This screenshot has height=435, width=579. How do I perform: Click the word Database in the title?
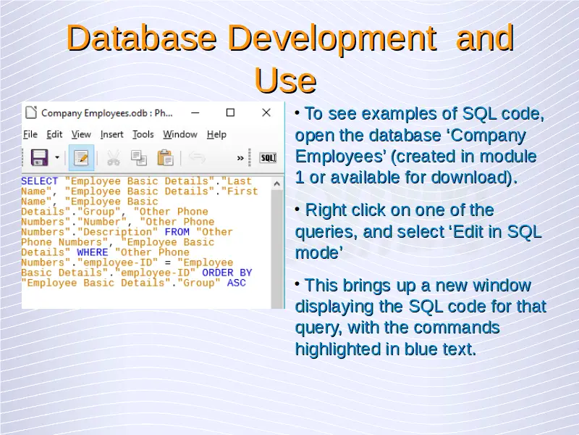point(142,38)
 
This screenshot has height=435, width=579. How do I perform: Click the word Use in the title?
point(285,80)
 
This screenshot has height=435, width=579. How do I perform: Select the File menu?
point(30,134)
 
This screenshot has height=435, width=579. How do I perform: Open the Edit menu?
point(54,134)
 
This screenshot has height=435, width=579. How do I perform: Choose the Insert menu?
point(112,134)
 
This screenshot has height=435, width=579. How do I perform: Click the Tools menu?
point(143,134)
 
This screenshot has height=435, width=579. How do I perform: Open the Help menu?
point(216,135)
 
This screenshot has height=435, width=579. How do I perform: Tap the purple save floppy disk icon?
point(40,157)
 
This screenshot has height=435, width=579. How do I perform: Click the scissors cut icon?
point(114,158)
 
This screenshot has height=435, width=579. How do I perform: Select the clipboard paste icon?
point(165,158)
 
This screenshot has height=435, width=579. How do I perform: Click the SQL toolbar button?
point(268,158)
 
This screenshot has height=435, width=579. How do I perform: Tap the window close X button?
point(266,112)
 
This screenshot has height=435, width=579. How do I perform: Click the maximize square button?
point(230,112)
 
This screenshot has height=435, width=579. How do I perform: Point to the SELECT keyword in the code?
point(40,181)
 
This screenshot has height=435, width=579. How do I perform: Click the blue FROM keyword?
point(177,232)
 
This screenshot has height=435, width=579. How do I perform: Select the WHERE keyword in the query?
point(93,252)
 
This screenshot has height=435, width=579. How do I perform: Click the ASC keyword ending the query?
point(237,283)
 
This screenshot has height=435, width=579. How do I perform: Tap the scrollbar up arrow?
point(277,183)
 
